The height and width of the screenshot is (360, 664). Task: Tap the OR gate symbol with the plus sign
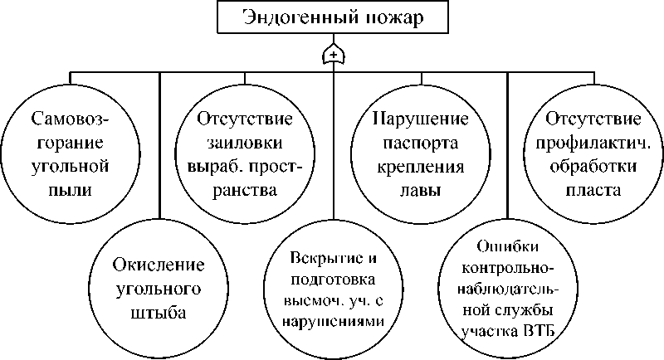333,56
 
